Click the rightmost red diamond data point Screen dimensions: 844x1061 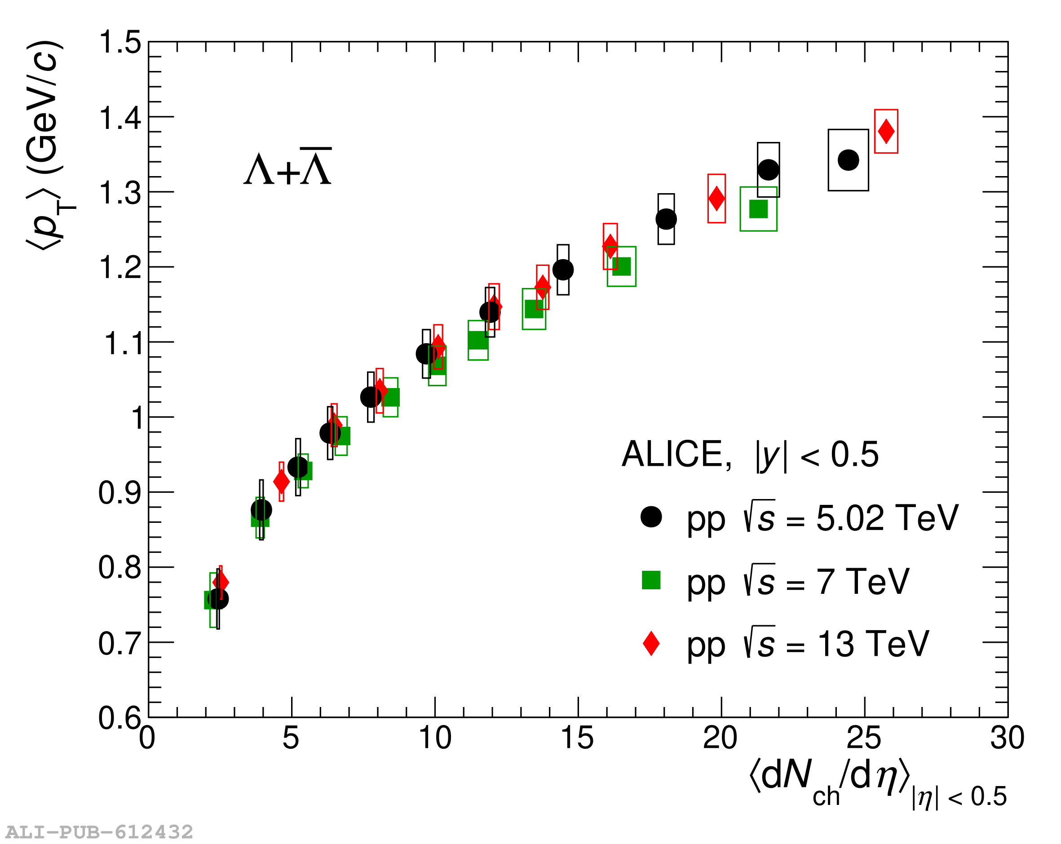(x=886, y=132)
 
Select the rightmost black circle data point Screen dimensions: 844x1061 (x=848, y=160)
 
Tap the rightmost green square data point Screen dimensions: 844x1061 (x=758, y=209)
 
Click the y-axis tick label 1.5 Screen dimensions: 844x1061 (x=120, y=42)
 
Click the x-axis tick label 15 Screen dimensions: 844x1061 (x=577, y=738)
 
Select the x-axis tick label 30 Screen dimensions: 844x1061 (x=1007, y=738)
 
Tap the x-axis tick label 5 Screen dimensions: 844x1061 (x=291, y=738)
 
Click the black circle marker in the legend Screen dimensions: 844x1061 (x=650, y=517)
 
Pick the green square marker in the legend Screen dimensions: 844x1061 (x=650, y=580)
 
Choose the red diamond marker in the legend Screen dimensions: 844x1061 (x=650, y=643)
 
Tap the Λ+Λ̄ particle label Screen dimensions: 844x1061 (x=287, y=168)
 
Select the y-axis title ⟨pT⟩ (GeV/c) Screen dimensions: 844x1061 (x=49, y=146)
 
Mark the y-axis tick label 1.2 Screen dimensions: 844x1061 (x=120, y=268)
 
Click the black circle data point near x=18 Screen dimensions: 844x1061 (x=666, y=219)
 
